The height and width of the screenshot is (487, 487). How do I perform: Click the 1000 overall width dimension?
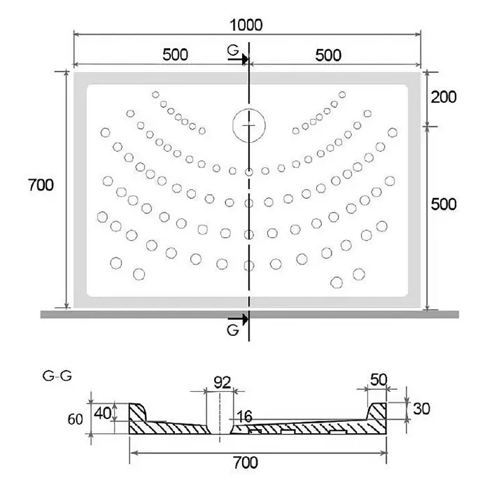(x=246, y=25)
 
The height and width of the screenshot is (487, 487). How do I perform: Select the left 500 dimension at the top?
(x=175, y=55)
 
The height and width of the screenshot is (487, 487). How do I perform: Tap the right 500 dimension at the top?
(x=328, y=55)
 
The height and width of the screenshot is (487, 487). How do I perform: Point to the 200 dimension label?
(x=444, y=97)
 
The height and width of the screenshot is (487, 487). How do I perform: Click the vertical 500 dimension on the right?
(x=444, y=204)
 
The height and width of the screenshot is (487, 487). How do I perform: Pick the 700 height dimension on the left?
(x=41, y=185)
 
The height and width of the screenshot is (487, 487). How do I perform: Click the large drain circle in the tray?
(x=249, y=125)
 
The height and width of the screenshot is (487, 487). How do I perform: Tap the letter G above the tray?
(x=233, y=50)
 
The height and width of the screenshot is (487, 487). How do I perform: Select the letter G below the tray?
(x=233, y=330)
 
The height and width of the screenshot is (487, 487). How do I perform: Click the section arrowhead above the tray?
(x=246, y=58)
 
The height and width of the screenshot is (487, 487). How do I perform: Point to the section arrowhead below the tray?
(x=246, y=318)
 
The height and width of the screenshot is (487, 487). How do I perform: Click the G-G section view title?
(x=57, y=376)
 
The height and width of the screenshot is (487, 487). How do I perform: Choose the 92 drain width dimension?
(x=222, y=383)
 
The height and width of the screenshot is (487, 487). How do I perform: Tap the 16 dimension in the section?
(x=244, y=416)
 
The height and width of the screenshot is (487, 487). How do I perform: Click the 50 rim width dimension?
(x=379, y=379)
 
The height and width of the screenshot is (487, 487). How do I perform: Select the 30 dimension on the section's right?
(x=421, y=409)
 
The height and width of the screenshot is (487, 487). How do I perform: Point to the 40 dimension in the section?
(x=103, y=414)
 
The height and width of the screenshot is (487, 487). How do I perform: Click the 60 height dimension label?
(x=75, y=419)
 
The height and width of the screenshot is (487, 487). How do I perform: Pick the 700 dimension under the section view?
(x=246, y=463)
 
